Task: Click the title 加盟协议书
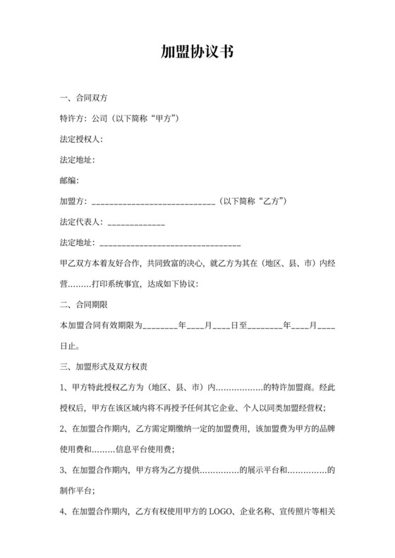coord(197,51)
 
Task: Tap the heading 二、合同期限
coord(84,305)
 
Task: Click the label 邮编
coord(69,181)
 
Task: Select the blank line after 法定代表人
coord(135,223)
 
